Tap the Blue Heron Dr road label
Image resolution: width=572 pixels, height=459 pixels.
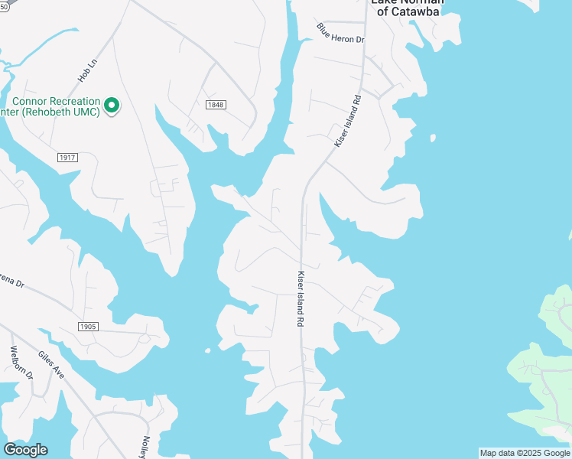tap(340, 33)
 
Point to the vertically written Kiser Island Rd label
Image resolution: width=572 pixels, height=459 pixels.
tap(301, 299)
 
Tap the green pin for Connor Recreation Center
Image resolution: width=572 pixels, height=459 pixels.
tap(112, 105)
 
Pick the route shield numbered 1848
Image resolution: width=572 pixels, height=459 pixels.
tap(216, 104)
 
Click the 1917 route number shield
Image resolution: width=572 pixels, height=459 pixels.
tap(67, 157)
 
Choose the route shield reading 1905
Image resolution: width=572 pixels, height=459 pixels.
tap(88, 327)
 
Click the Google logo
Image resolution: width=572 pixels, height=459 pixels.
tap(25, 450)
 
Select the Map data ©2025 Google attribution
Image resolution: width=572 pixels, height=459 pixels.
tap(525, 453)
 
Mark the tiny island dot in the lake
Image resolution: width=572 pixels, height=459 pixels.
tap(207, 351)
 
